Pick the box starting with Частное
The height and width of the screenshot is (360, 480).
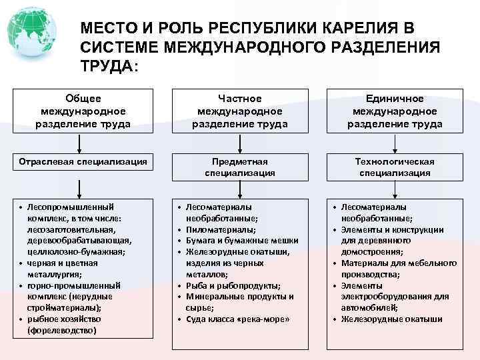(x=240, y=111)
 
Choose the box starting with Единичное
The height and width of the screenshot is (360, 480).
(x=395, y=111)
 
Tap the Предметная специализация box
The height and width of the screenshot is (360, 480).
(x=240, y=167)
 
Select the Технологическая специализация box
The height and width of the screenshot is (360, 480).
(x=395, y=167)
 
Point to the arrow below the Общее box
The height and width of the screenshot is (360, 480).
(x=80, y=143)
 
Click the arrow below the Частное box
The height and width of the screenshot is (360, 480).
(x=240, y=143)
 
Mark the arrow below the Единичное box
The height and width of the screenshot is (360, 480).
(x=395, y=143)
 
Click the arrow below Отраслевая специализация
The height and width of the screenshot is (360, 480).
(x=80, y=187)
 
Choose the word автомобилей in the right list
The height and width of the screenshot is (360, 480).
(x=369, y=307)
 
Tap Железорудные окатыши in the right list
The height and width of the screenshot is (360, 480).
(x=392, y=319)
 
